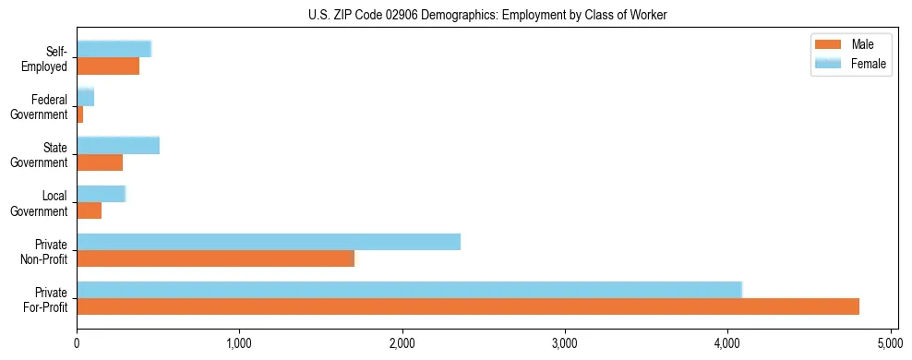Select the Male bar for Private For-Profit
[x=468, y=306]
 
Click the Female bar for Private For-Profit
[x=409, y=290]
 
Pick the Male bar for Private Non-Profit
[x=215, y=258]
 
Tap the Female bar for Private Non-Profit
[x=269, y=242]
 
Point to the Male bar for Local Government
[x=90, y=210]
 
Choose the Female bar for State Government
[x=118, y=146]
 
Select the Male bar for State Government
[x=100, y=162]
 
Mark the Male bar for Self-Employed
[x=108, y=66]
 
